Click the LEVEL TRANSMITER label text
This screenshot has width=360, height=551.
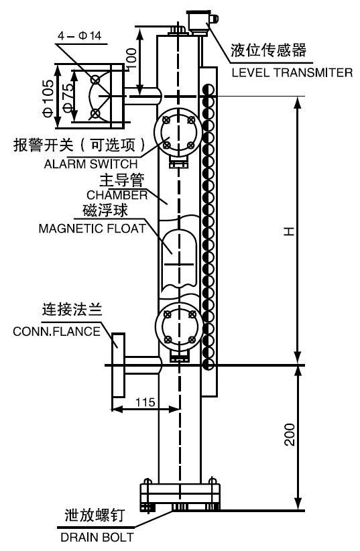pyautogui.click(x=292, y=72)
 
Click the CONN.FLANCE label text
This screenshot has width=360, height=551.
pyautogui.click(x=57, y=331)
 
